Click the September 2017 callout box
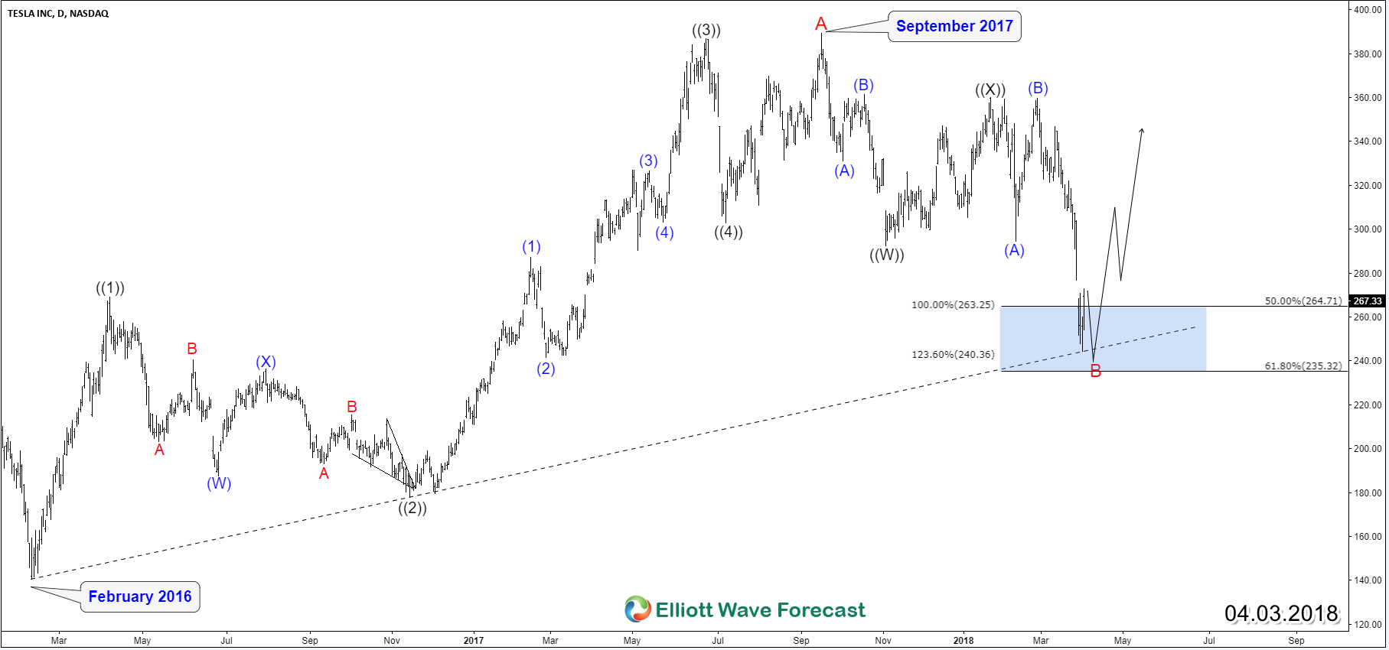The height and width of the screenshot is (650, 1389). click(954, 27)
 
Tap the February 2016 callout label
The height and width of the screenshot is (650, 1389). click(140, 596)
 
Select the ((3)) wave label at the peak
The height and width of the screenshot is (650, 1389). click(706, 31)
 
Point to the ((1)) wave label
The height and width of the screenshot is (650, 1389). click(110, 288)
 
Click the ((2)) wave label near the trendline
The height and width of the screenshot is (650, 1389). click(412, 508)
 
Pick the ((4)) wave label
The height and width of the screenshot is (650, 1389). click(729, 232)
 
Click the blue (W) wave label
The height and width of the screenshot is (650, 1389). click(219, 483)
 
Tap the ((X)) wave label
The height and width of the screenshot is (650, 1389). click(990, 89)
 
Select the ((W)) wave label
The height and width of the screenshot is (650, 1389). click(887, 255)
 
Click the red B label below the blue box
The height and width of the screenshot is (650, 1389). click(1095, 372)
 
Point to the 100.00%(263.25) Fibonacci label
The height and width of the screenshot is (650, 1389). click(953, 305)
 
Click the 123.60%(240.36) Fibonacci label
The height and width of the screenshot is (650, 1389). click(953, 355)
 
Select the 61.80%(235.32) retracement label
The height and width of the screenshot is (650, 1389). click(1303, 366)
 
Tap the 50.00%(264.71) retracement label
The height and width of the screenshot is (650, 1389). click(1303, 301)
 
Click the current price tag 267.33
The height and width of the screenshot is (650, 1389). click(1368, 301)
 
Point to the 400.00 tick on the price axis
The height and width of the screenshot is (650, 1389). click(1368, 10)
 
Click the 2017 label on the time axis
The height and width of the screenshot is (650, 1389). click(474, 641)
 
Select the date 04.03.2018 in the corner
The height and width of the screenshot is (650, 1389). click(1281, 613)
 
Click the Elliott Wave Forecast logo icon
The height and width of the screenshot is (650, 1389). click(637, 609)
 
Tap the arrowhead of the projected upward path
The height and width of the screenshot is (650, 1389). click(1142, 131)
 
